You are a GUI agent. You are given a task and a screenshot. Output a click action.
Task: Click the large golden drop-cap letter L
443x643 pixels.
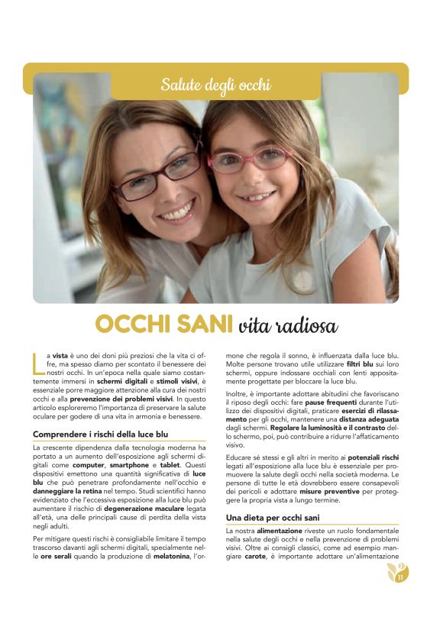(38, 363)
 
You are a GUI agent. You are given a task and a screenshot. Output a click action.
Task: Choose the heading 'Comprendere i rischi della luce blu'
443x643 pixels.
(101, 434)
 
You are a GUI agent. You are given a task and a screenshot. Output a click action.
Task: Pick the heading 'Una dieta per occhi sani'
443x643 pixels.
(273, 518)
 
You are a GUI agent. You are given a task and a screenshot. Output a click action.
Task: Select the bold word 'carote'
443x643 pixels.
(257, 556)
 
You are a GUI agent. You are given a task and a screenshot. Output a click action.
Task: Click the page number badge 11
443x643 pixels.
(399, 573)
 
